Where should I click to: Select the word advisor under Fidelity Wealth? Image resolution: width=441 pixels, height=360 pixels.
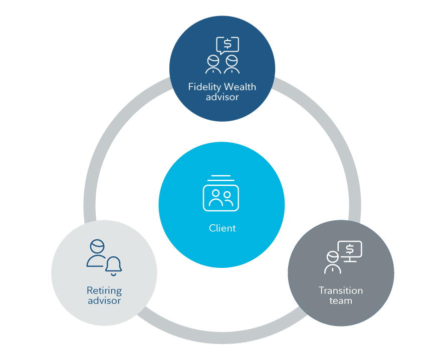[x=222, y=97]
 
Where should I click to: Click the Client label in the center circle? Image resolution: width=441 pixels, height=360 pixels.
[x=222, y=228]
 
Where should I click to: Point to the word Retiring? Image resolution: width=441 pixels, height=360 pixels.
[x=104, y=290]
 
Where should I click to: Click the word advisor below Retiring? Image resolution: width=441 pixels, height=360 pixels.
[x=104, y=300]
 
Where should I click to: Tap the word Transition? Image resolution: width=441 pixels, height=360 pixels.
[x=341, y=290]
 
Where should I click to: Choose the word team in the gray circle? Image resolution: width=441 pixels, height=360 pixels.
[x=341, y=300]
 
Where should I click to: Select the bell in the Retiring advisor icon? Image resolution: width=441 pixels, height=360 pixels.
[x=114, y=265]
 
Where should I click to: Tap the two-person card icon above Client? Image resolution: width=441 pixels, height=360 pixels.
[x=221, y=196]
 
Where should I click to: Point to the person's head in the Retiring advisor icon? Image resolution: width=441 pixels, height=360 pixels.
[x=97, y=246]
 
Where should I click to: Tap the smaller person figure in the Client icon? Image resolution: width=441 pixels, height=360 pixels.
[x=228, y=199]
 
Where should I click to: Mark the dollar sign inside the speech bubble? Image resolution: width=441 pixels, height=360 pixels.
[x=228, y=44]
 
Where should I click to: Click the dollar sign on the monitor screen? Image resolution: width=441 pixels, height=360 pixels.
[x=350, y=248]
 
